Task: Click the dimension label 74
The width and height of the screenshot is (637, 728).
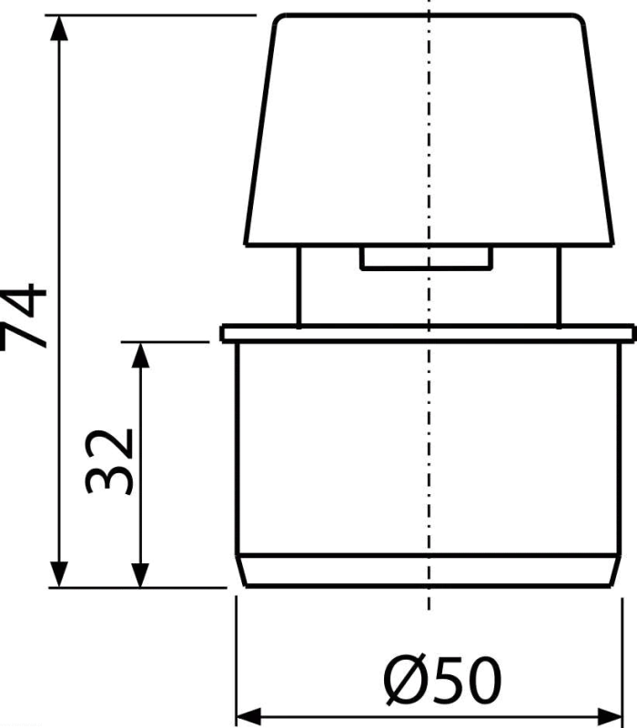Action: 24,316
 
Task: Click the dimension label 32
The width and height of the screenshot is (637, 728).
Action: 109,461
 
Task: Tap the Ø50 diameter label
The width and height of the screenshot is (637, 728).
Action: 443,680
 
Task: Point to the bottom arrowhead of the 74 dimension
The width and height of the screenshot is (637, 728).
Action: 59,575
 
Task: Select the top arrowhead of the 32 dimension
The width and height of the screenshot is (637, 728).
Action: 140,355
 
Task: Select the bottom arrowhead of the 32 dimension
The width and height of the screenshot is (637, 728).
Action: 140,575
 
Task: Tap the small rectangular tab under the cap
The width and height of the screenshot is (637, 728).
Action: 426,258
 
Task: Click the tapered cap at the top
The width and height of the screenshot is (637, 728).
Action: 429,130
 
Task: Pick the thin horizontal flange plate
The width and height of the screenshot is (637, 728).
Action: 428,334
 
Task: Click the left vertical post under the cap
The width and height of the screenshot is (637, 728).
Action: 299,286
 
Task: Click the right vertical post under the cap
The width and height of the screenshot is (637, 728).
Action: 559,286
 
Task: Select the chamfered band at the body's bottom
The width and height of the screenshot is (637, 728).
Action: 428,571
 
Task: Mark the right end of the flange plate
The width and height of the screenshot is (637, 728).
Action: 633,334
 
